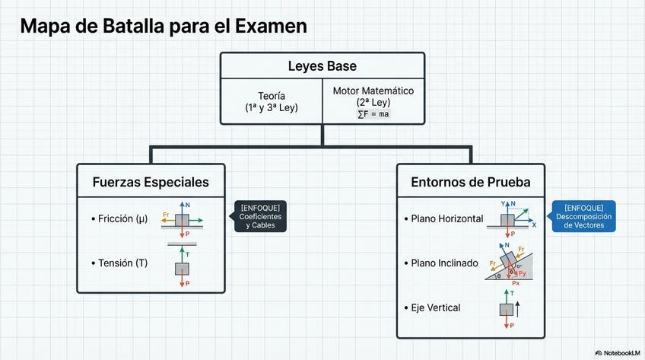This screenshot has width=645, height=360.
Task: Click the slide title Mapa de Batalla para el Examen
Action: pyautogui.click(x=164, y=26)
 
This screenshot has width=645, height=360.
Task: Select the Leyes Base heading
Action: pyautogui.click(x=322, y=65)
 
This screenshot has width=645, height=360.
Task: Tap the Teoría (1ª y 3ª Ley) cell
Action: pyautogui.click(x=271, y=101)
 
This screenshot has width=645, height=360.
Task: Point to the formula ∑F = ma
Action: pyautogui.click(x=373, y=114)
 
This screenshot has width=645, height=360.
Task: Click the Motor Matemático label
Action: pyautogui.click(x=373, y=91)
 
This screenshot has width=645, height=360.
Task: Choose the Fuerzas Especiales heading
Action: pyautogui.click(x=151, y=183)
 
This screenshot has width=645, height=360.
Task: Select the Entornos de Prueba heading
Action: pyautogui.click(x=471, y=183)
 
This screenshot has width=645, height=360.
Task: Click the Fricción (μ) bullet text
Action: pyautogui.click(x=122, y=219)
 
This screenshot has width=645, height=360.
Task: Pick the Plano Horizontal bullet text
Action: pyautogui.click(x=446, y=219)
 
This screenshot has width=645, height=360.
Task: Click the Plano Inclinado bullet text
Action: pyautogui.click(x=445, y=263)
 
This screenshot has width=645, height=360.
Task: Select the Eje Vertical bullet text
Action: pyautogui.click(x=435, y=307)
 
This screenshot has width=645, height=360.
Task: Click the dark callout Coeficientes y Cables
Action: pyautogui.click(x=260, y=217)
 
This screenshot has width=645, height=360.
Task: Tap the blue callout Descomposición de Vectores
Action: pyautogui.click(x=584, y=216)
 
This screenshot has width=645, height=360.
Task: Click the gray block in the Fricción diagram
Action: pyautogui.click(x=182, y=220)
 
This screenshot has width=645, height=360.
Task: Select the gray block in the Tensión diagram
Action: pyautogui.click(x=182, y=268)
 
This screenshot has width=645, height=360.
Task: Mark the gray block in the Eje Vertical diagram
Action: pyautogui.click(x=507, y=308)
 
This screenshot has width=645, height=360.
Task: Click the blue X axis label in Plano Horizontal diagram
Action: pyautogui.click(x=534, y=225)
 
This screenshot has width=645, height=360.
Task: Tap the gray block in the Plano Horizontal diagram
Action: pyautogui.click(x=507, y=220)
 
